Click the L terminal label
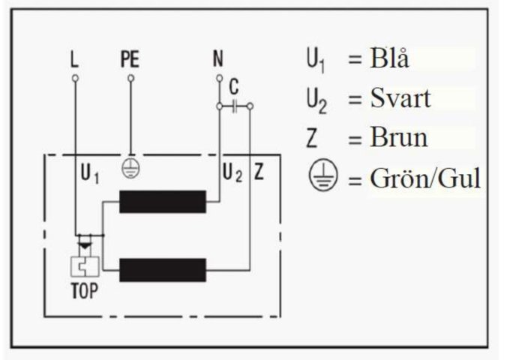click(x=74, y=59)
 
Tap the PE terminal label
click(x=130, y=59)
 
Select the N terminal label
click(x=218, y=58)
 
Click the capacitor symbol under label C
click(x=235, y=106)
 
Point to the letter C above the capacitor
click(x=234, y=87)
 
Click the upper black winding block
click(x=163, y=202)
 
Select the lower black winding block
click(x=163, y=270)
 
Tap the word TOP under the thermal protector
click(x=85, y=291)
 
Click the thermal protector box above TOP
click(x=85, y=266)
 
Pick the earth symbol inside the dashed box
click(x=130, y=168)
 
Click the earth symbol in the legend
click(x=322, y=175)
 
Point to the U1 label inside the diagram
click(x=90, y=173)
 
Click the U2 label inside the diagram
click(x=232, y=173)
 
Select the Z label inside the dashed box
click(x=259, y=172)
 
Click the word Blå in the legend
click(x=389, y=58)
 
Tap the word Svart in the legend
click(x=400, y=98)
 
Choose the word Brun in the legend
click(x=399, y=137)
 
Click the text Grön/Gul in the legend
click(x=425, y=178)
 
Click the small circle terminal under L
click(x=75, y=78)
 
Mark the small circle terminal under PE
click(x=131, y=78)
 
